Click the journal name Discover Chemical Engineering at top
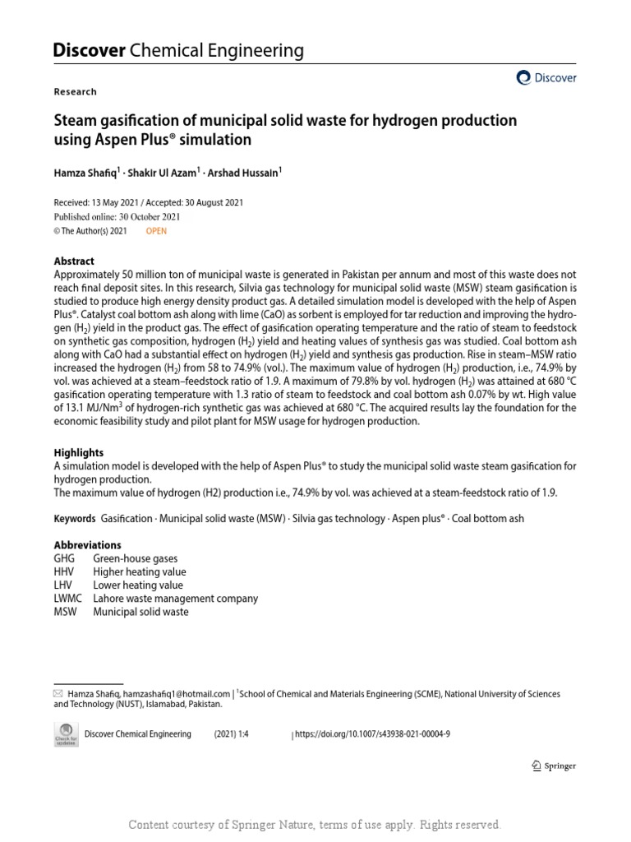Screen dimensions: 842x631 tap(178, 51)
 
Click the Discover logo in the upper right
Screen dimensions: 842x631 tap(546, 78)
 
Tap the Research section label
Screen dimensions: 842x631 tap(75, 92)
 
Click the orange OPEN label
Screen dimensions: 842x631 tap(156, 231)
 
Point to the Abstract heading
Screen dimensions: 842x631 tap(74, 261)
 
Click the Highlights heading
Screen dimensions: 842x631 tap(79, 452)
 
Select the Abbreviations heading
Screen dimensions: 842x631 tap(87, 545)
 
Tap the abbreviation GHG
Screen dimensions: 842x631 tap(64, 558)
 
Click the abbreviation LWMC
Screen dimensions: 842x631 tap(68, 599)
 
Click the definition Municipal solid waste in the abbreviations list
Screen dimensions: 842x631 tap(140, 612)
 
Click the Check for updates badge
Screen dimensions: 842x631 tap(66, 734)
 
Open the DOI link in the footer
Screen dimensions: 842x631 tap(372, 734)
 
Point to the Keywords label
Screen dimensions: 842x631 tap(75, 519)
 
